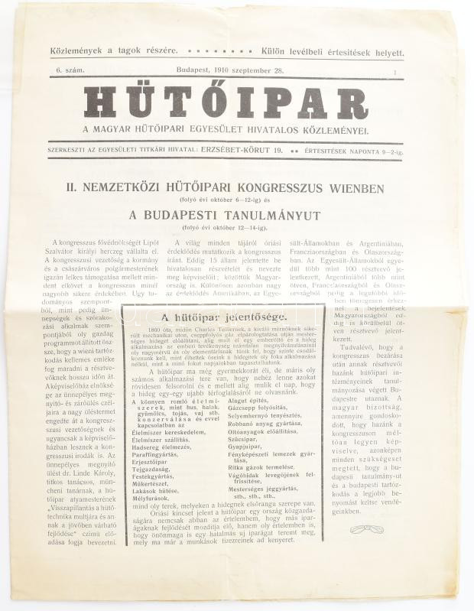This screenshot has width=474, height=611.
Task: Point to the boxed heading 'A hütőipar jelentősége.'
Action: [224, 317]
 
